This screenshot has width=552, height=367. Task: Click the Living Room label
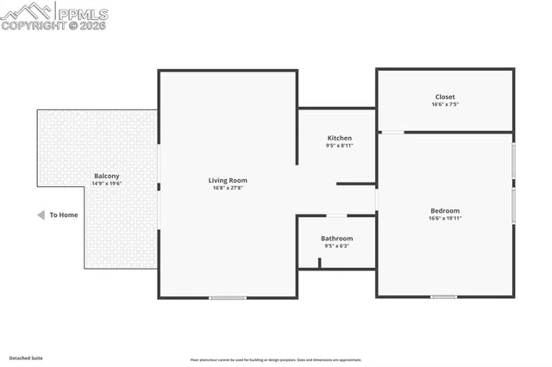click(x=228, y=180)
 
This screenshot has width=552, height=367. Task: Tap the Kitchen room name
click(x=339, y=138)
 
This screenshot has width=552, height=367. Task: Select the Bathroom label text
click(x=336, y=238)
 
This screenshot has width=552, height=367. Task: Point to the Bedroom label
click(x=445, y=210)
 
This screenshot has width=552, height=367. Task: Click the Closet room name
click(x=445, y=96)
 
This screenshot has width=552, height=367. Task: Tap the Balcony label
click(x=107, y=176)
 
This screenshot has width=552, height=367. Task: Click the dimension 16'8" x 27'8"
click(x=228, y=188)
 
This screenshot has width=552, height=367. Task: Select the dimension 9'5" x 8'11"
click(x=339, y=146)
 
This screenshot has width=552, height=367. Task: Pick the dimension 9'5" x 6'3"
click(x=336, y=246)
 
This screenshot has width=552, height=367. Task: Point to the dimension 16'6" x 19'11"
click(x=445, y=218)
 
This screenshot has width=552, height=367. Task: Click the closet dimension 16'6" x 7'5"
click(x=445, y=104)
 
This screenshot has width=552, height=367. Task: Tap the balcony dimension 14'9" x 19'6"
click(x=107, y=183)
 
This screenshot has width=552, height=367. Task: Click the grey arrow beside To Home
click(x=40, y=215)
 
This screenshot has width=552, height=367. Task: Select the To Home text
click(x=63, y=215)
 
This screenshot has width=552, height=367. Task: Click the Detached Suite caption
click(x=26, y=358)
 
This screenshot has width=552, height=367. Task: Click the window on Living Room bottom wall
click(x=228, y=297)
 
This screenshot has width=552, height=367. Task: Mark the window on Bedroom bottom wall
click(x=443, y=297)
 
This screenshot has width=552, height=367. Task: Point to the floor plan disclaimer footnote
click(x=277, y=360)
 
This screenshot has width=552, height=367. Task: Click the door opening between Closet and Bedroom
click(x=392, y=132)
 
